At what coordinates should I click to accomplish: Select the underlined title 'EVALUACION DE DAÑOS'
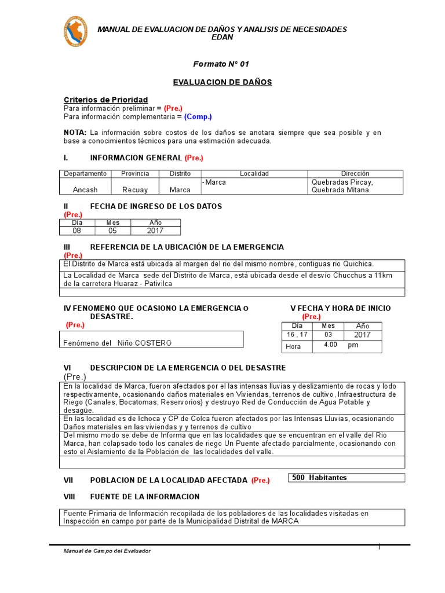coord(222,82)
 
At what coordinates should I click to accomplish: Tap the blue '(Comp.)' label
coord(198,116)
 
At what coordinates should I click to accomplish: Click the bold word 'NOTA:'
coord(75,133)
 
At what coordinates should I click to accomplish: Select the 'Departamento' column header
coord(85,174)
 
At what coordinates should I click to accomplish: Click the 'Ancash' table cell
coord(85,189)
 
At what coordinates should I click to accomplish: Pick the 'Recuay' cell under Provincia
coord(135,189)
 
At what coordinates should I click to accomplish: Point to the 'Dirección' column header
coord(355,174)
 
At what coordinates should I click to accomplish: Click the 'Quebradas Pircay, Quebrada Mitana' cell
coord(342,186)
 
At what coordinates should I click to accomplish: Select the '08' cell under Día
coord(76,230)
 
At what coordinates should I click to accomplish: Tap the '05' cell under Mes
coord(112,230)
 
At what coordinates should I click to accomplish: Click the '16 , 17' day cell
coord(296,335)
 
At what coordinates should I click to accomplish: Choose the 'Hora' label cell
coord(294,347)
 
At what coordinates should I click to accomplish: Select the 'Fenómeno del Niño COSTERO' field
coord(118,343)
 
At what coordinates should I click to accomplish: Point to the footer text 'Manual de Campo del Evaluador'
coord(107,551)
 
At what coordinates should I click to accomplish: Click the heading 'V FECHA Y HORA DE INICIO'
coord(340,308)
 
